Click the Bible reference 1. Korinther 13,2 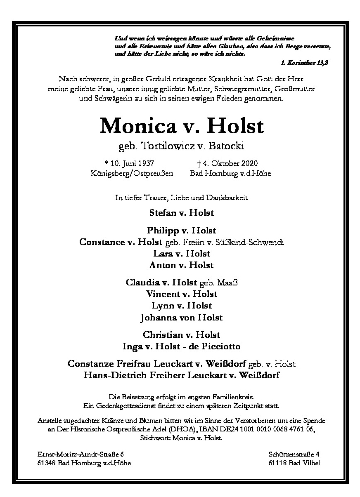click(303, 63)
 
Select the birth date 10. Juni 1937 click(130, 164)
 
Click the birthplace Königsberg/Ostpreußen click(132, 173)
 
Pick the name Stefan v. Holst click(182, 213)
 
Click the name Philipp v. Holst click(181, 231)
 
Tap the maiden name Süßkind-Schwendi click(254, 242)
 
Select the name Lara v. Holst click(182, 254)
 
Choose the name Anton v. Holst click(181, 265)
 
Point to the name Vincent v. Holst click(182, 294)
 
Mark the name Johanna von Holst click(181, 317)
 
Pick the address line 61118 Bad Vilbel click(294, 463)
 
